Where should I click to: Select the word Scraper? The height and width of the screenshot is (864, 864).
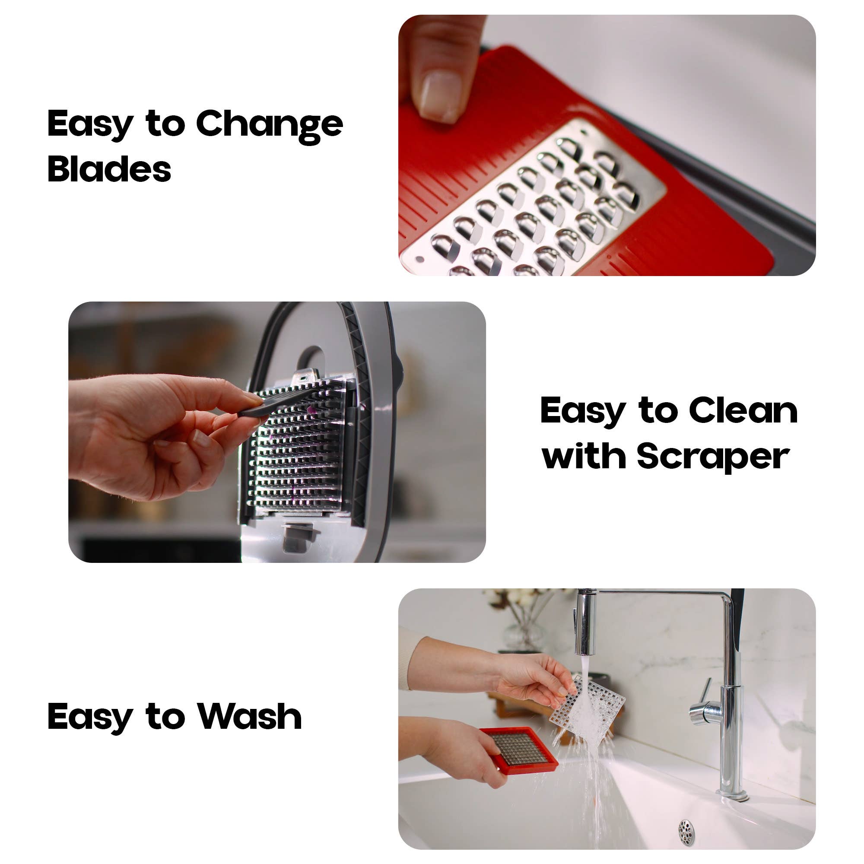(x=713, y=457)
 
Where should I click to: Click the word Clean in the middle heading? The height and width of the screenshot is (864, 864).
(x=743, y=410)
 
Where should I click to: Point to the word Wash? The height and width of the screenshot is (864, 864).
(x=250, y=716)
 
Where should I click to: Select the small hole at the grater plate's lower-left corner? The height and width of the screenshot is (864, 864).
(x=419, y=259)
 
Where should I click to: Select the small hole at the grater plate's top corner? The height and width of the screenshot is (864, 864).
(x=583, y=132)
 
